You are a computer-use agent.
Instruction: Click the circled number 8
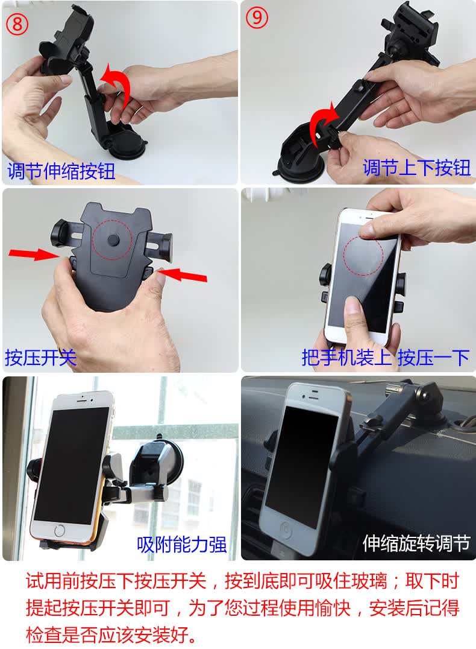click(17, 24)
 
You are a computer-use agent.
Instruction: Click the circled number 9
click(257, 18)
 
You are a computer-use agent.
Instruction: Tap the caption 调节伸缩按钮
click(61, 171)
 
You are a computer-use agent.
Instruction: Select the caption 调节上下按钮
click(416, 168)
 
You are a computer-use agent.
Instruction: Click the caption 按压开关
click(40, 357)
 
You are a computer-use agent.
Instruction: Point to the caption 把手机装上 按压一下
click(386, 357)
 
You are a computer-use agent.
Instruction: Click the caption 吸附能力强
click(182, 544)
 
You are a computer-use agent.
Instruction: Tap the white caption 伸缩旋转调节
click(416, 543)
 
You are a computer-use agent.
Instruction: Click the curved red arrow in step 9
click(322, 120)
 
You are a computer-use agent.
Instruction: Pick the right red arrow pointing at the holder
click(182, 274)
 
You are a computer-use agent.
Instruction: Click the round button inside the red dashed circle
click(113, 239)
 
